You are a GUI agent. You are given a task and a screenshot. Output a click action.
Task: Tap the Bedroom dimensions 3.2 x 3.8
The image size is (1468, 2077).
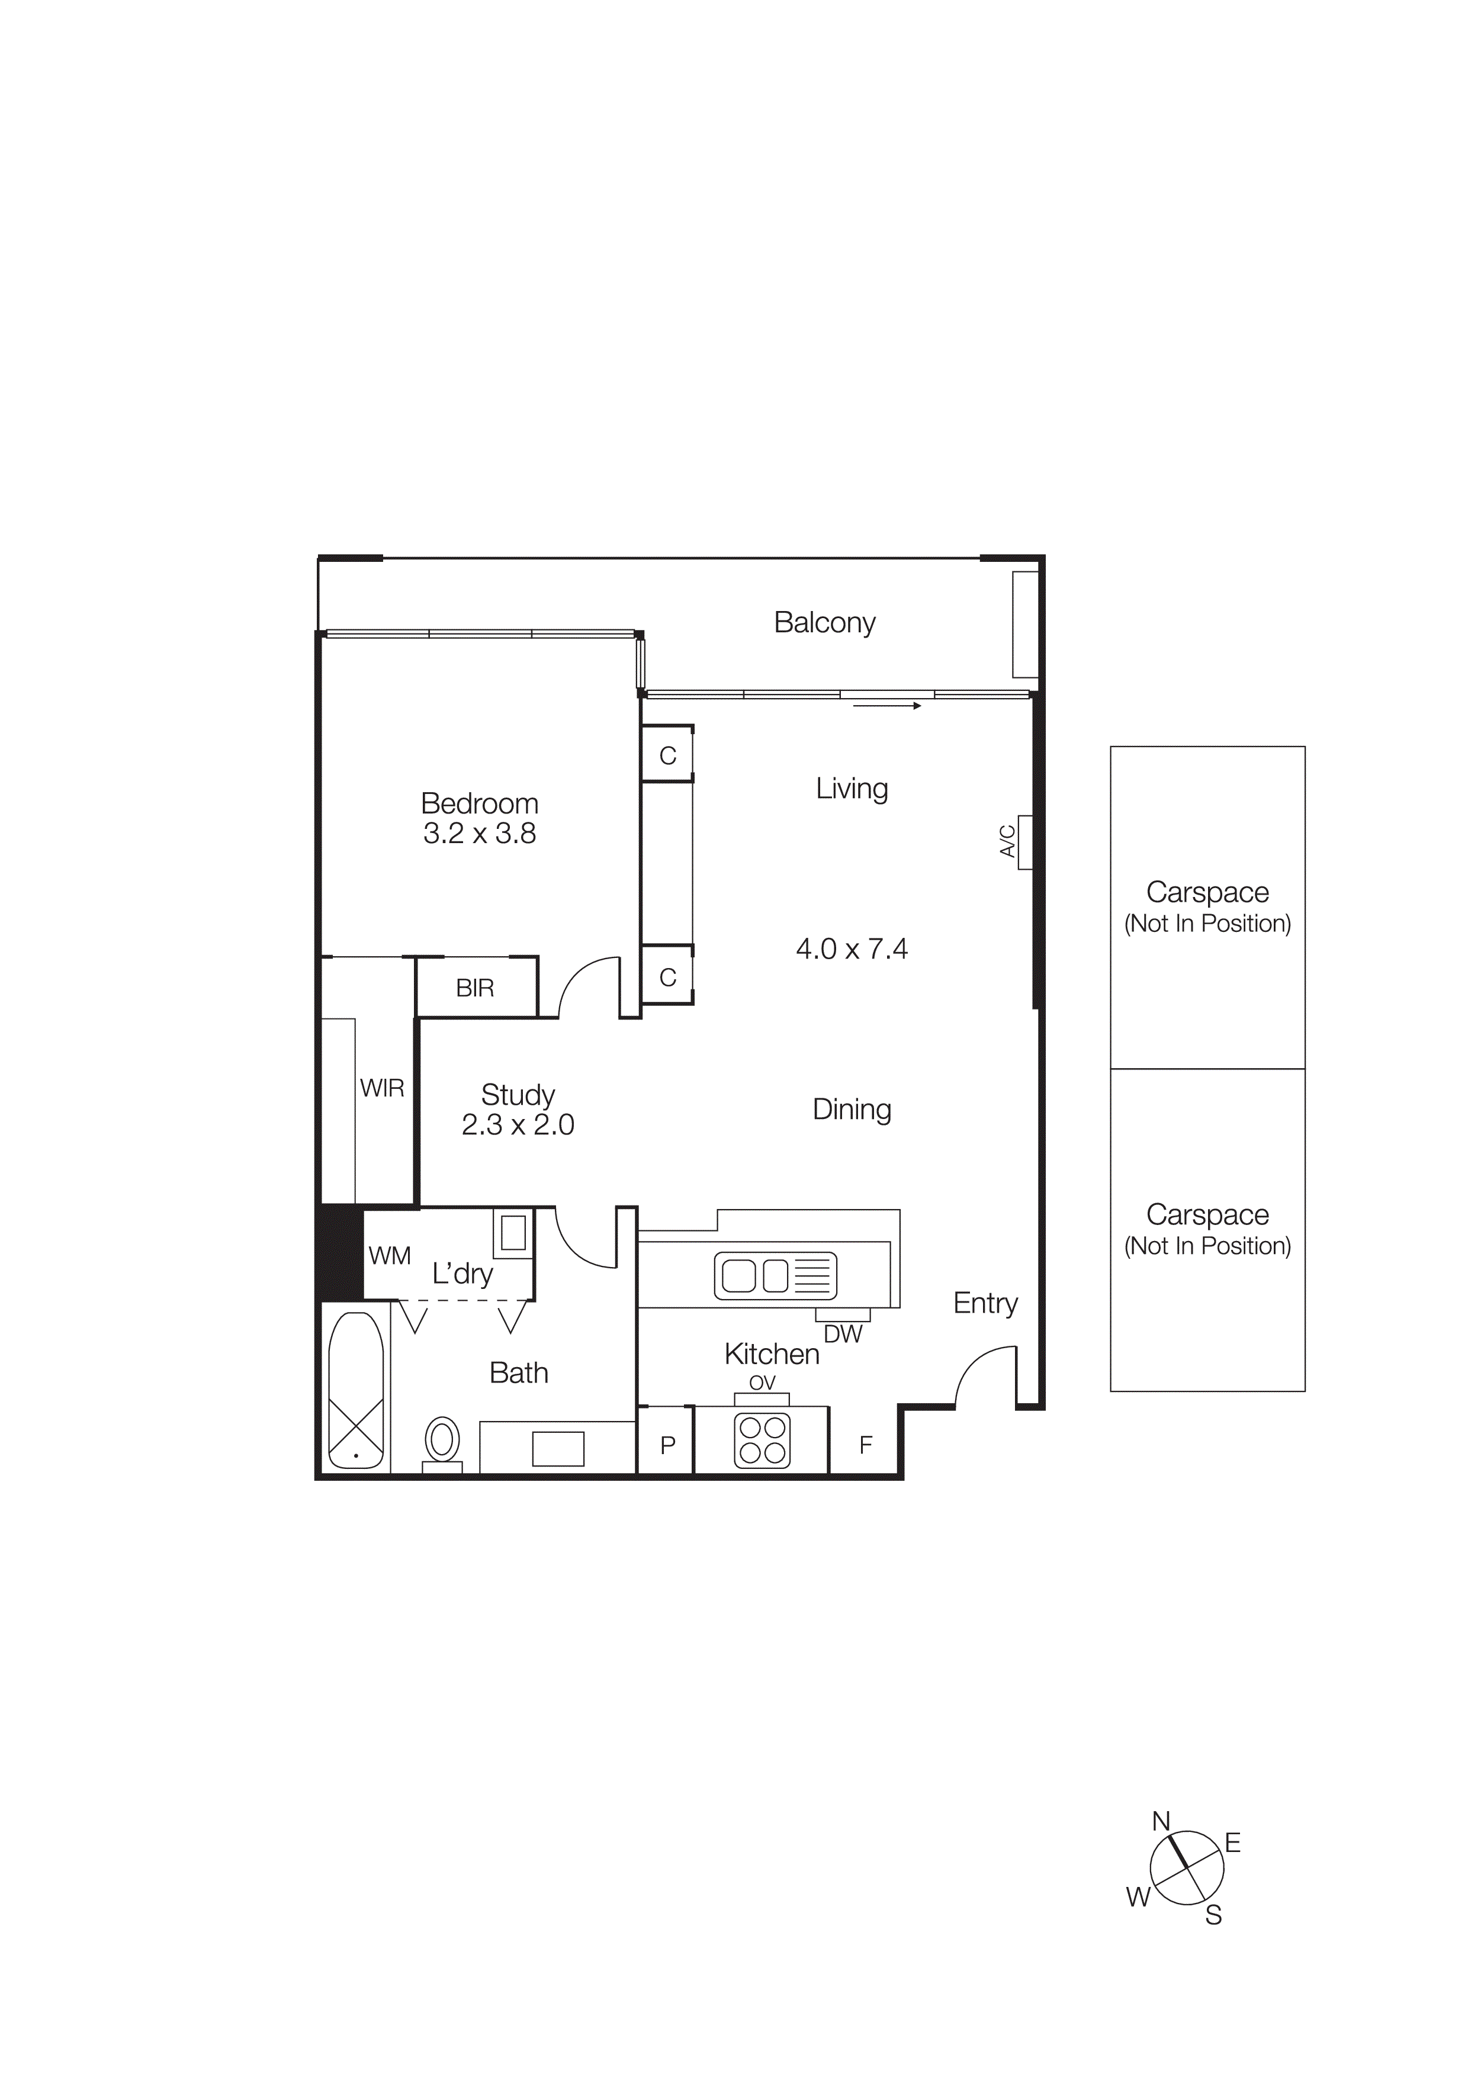tap(480, 833)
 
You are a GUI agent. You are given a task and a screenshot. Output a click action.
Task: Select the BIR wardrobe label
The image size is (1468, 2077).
tap(475, 988)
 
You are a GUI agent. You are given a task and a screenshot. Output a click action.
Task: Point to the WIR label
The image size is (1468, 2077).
tap(382, 1088)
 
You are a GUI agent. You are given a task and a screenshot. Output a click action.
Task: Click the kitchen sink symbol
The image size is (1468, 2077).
tap(775, 1275)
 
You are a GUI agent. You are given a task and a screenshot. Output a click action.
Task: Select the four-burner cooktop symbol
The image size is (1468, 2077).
tap(763, 1440)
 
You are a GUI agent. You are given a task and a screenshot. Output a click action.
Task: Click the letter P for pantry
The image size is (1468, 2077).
tap(667, 1446)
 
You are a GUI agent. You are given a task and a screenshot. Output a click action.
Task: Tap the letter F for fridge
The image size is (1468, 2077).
tap(866, 1446)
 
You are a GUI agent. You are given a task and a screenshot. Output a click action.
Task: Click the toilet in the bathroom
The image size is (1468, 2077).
tap(442, 1440)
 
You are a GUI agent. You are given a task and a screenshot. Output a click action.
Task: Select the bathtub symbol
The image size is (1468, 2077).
tap(355, 1390)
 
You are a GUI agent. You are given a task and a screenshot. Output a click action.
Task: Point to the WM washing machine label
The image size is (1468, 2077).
tap(390, 1256)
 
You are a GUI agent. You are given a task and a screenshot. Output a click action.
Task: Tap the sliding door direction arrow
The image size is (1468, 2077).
tap(886, 706)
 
